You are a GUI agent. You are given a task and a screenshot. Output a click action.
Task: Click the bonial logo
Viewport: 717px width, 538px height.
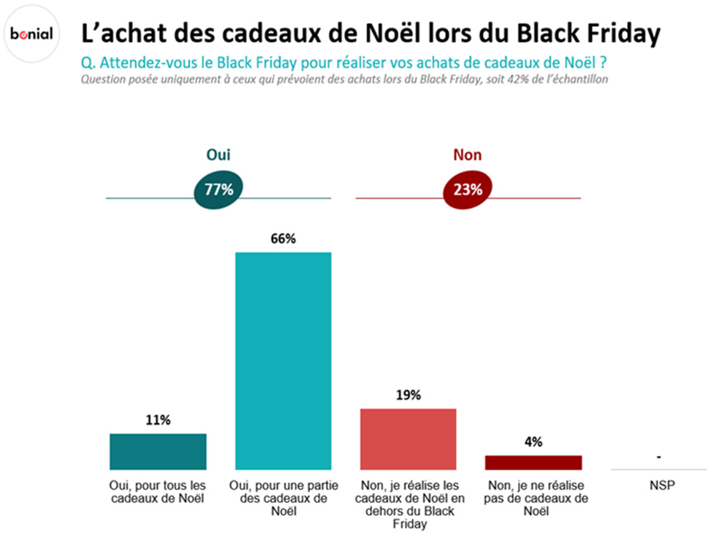click(32, 34)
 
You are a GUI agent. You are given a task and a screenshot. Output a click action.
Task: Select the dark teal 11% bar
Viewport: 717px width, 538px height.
click(158, 451)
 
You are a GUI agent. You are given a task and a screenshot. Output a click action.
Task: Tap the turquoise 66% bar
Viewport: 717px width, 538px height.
click(283, 360)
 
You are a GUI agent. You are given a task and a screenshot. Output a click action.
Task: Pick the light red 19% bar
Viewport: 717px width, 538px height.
click(408, 439)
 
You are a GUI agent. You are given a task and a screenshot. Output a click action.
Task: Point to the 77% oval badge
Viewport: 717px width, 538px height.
click(219, 190)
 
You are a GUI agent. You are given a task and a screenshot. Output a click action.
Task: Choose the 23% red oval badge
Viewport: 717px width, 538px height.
click(467, 190)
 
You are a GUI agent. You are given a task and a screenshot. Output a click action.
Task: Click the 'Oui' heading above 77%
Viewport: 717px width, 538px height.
click(218, 155)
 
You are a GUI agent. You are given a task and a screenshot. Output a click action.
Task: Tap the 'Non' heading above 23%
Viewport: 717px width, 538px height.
click(467, 155)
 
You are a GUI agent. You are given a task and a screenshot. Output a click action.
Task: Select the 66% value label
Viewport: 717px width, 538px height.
click(283, 239)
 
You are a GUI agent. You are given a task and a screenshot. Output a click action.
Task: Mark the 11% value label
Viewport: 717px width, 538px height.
click(158, 420)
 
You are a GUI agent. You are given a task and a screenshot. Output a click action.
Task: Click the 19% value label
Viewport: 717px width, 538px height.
click(408, 395)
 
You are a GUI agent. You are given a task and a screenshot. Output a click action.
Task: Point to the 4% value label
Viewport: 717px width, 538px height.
click(533, 442)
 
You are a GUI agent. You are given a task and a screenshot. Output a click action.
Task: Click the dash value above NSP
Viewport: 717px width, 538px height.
click(658, 457)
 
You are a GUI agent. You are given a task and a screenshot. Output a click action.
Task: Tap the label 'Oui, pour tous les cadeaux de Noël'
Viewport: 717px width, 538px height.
click(158, 491)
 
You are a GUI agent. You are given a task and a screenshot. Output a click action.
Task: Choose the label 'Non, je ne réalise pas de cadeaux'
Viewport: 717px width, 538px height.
click(533, 498)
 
